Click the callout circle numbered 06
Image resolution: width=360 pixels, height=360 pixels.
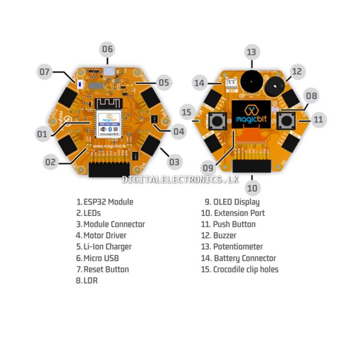[x=107, y=49]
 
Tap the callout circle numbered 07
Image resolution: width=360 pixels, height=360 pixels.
[x=45, y=72]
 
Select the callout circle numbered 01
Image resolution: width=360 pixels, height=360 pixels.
[x=41, y=134]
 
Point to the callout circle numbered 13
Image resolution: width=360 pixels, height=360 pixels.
[x=251, y=52]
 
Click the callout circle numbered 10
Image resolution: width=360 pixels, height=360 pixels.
[x=253, y=188]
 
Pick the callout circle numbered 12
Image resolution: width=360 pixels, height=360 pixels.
[x=296, y=71]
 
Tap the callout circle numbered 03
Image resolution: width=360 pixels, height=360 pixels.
[x=174, y=161]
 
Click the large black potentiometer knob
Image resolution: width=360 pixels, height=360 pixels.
[x=251, y=80]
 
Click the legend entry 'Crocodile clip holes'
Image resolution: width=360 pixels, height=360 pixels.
[x=245, y=269]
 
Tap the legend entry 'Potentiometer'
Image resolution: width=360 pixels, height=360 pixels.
[x=238, y=247]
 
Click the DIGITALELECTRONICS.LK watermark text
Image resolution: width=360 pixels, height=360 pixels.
[x=180, y=179]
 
